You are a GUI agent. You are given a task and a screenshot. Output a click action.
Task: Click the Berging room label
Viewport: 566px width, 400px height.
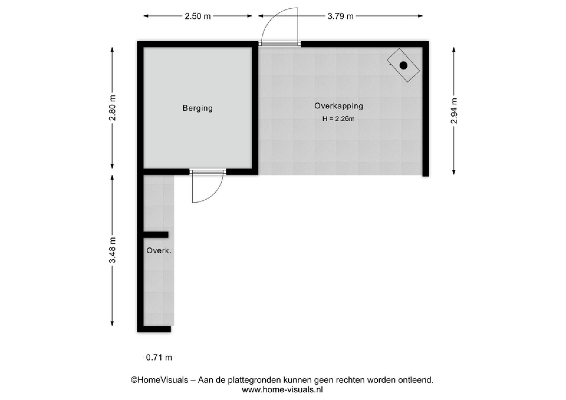tap(198, 108)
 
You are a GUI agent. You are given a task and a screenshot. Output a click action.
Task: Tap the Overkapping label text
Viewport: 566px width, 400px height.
tap(339, 106)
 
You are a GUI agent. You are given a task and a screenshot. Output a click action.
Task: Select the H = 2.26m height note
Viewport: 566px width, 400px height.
tap(338, 119)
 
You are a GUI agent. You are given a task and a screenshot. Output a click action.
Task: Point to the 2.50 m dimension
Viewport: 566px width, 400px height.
tap(198, 16)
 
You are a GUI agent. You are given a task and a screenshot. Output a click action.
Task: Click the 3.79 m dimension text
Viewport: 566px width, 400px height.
tap(340, 16)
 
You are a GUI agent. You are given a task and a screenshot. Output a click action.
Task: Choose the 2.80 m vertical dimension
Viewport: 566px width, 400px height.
tap(112, 108)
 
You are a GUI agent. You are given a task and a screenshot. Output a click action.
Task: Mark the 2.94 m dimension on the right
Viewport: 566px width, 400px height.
tap(454, 111)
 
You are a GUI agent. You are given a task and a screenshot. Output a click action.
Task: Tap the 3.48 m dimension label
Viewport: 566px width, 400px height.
tap(112, 250)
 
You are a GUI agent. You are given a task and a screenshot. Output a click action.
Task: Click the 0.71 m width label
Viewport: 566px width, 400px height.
tap(159, 358)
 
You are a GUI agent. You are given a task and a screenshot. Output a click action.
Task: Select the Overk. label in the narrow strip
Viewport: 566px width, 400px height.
tap(159, 251)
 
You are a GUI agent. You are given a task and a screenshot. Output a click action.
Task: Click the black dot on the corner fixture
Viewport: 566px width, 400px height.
tap(404, 65)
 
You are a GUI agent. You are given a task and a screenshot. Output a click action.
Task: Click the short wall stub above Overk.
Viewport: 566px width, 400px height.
tap(156, 235)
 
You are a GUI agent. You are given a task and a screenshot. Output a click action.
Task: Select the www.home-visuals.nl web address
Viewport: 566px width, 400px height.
tap(282, 390)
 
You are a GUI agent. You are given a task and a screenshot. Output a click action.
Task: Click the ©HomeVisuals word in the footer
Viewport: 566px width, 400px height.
tap(159, 380)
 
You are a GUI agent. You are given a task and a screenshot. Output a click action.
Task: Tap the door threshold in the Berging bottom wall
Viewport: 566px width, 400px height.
tap(208, 172)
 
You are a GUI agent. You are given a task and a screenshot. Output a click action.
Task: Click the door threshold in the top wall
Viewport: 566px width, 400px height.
tap(280, 44)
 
